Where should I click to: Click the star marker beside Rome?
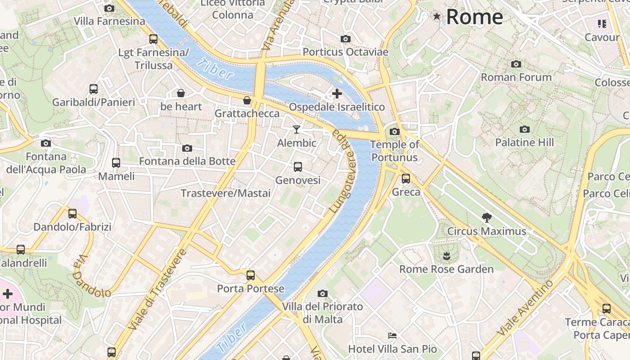click(436, 17)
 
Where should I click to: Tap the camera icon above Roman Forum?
click(516, 64)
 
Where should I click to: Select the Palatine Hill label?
click(524, 142)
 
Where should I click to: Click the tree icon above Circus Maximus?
click(486, 218)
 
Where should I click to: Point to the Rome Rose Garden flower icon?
click(446, 256)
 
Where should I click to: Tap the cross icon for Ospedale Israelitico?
click(337, 94)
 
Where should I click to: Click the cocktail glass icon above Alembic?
click(296, 130)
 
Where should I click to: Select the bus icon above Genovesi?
click(297, 167)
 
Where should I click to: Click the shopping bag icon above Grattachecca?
click(247, 100)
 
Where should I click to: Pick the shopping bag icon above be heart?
click(181, 93)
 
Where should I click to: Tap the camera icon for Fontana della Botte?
click(187, 148)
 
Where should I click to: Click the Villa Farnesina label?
click(109, 21)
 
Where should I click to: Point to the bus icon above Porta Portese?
click(251, 275)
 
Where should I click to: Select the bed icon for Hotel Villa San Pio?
click(392, 336)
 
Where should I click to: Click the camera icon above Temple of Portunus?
click(395, 131)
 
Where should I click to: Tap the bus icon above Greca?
click(406, 179)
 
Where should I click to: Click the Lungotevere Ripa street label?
click(343, 171)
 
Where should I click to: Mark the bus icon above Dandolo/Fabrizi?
click(72, 213)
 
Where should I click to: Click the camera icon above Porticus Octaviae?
click(346, 39)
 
